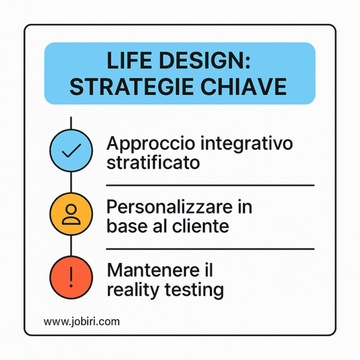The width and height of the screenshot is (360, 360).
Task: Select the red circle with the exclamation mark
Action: (71, 277)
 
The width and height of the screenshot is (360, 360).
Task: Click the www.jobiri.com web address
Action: (82, 322)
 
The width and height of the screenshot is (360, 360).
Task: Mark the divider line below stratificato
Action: (210, 185)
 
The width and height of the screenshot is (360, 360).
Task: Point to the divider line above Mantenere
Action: (210, 248)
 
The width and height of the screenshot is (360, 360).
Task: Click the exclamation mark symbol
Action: (71, 277)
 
